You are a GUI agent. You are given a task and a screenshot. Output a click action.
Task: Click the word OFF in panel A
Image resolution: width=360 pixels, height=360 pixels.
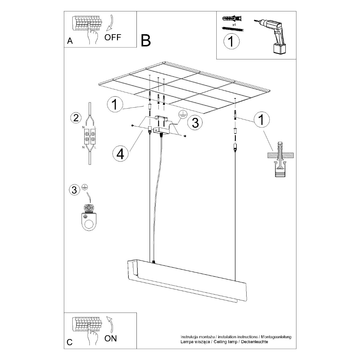tap(113, 37)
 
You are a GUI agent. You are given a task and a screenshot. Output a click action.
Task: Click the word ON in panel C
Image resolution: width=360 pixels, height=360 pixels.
tap(111, 338)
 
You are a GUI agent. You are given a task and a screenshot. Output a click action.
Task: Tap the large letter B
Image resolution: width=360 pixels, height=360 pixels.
tap(146, 40)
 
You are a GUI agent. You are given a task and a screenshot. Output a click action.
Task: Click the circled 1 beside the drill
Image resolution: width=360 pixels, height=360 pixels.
tap(232, 41)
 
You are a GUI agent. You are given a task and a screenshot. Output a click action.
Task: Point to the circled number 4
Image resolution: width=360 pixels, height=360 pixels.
tap(120, 154)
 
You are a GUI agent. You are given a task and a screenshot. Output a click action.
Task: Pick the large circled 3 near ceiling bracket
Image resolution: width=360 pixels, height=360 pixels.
tap(195, 123)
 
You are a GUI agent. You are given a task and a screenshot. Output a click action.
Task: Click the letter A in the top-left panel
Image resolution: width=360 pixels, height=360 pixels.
tap(70, 41)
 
